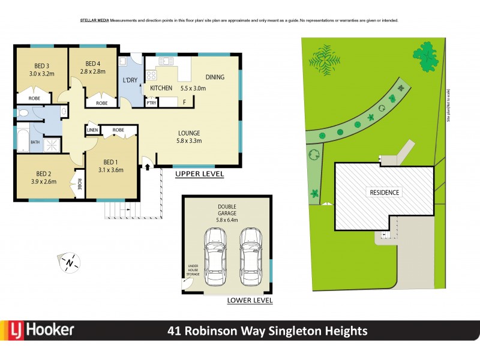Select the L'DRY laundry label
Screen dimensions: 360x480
[130, 81]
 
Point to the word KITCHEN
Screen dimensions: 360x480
[161, 88]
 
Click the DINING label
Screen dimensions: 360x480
[215, 77]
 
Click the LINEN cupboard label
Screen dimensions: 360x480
[92, 130]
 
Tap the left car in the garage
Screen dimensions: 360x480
[215, 259]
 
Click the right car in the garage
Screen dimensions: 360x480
[250, 259]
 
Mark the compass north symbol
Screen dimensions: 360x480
[70, 262]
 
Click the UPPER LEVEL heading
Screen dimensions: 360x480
[199, 174]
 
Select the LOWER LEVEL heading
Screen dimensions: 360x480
[249, 300]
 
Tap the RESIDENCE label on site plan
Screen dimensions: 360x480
[384, 193]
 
